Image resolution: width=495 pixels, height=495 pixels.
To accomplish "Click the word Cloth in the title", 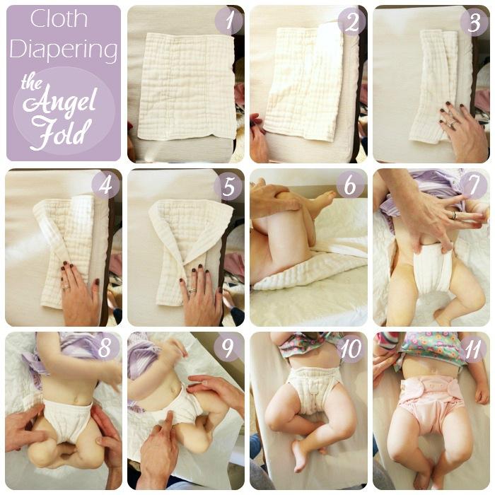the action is click(x=59, y=19).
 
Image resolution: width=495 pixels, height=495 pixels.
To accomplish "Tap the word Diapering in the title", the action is click(x=64, y=50).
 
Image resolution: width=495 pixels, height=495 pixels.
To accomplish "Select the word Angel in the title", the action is click(x=59, y=103).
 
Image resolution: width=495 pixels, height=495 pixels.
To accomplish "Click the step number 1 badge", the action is click(x=229, y=21).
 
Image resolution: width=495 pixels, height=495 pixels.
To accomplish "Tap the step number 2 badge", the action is click(x=351, y=21).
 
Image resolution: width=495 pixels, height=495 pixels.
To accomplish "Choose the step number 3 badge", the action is click(x=474, y=22).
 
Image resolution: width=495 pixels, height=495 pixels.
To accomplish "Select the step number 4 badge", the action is click(x=106, y=185).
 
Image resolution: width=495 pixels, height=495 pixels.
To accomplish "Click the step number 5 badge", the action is click(x=228, y=185).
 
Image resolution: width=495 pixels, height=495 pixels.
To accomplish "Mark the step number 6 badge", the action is click(x=350, y=185).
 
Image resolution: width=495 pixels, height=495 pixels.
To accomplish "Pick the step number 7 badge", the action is click(x=474, y=185).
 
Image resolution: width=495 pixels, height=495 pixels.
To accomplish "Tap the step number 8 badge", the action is click(x=105, y=348).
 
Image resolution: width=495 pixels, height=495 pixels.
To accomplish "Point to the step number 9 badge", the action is click(x=227, y=348).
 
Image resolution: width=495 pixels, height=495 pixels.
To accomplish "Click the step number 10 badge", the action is click(x=351, y=349).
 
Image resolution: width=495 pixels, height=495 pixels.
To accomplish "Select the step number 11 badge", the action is click(x=472, y=349).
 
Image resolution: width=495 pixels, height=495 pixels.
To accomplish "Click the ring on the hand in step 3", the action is click(x=453, y=122).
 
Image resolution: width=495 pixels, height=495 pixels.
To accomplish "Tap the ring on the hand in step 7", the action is click(x=453, y=215).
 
